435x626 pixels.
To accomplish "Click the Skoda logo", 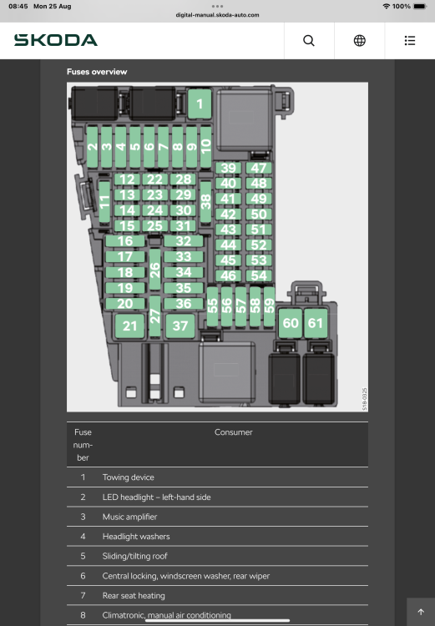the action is (56, 40).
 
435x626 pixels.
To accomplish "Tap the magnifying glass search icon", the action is (309, 41).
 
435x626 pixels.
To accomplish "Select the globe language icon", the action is (360, 41).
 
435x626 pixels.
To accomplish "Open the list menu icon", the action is (410, 41).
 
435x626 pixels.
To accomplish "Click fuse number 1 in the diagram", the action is (200, 103).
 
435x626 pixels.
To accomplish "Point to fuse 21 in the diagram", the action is (129, 326).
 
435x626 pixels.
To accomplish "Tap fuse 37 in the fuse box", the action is (180, 326).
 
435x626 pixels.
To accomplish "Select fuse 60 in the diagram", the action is (291, 323).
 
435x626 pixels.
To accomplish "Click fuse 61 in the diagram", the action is (316, 323).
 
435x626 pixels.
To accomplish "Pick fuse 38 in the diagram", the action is (205, 202).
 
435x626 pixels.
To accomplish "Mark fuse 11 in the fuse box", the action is (104, 202).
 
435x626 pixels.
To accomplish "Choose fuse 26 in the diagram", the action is (155, 270).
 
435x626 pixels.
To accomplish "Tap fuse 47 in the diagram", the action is (259, 168).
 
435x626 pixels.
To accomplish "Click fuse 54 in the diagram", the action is (259, 275).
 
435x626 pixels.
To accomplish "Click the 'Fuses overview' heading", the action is (97, 72).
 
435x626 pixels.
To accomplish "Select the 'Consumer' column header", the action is (233, 432).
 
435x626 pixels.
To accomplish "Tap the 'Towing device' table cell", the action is (129, 477).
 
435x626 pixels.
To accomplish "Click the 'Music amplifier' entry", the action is (129, 517).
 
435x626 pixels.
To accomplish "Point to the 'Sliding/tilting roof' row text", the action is (135, 556).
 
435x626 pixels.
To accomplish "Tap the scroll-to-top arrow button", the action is (421, 612).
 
